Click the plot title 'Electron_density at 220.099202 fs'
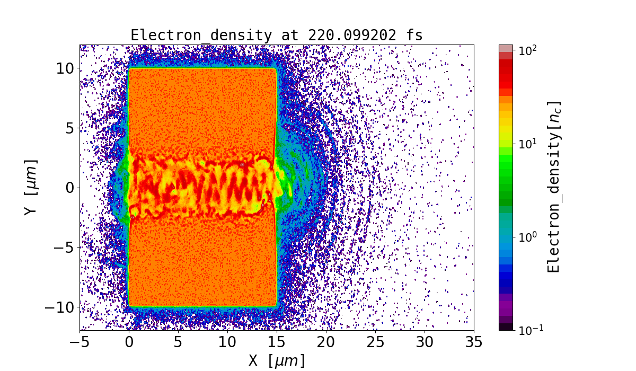pos(277,36)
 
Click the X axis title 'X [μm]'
pos(277,360)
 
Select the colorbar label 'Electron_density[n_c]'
pos(554,187)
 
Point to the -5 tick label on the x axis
pos(80,342)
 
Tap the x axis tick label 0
pos(129,342)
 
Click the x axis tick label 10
pos(228,342)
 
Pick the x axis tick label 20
pos(326,342)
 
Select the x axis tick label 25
pos(375,342)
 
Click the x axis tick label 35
pos(473,342)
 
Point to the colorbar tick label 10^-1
pos(530,330)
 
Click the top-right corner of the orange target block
pos(276,69)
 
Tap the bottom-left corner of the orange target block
pos(129,306)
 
